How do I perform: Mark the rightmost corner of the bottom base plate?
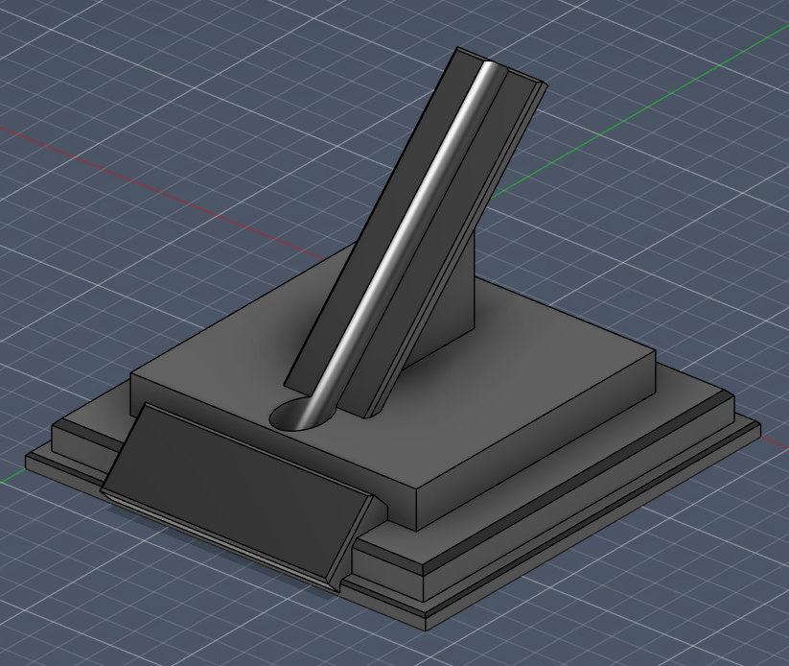click(x=759, y=426)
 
